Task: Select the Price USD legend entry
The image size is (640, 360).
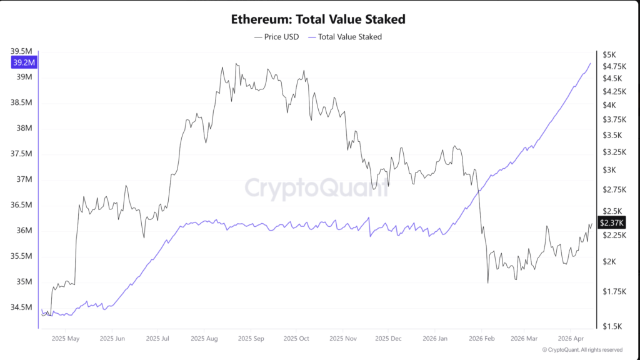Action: click(x=276, y=37)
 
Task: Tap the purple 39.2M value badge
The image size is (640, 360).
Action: click(x=24, y=62)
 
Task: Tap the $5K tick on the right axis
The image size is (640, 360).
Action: click(x=609, y=54)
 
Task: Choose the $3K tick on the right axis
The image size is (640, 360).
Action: click(x=609, y=170)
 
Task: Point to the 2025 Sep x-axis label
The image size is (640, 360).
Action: click(x=250, y=339)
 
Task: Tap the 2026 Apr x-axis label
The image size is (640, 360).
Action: click(x=571, y=339)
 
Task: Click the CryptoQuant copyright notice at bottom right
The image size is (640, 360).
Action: click(x=582, y=350)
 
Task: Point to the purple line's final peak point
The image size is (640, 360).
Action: click(x=591, y=63)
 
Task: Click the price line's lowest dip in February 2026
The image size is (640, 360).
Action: click(x=487, y=283)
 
